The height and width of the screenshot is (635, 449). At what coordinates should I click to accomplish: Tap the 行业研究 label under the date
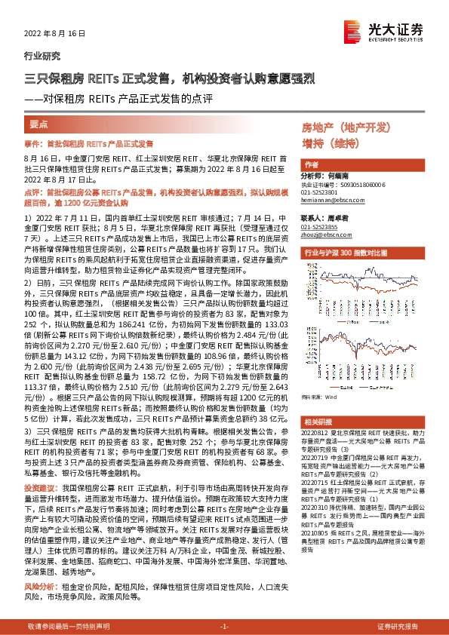[40, 57]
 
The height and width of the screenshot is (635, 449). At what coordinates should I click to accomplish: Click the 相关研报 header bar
[317, 422]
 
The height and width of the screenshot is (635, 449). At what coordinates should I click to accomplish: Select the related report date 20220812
[316, 434]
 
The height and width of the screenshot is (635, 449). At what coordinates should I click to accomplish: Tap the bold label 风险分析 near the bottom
[39, 585]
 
